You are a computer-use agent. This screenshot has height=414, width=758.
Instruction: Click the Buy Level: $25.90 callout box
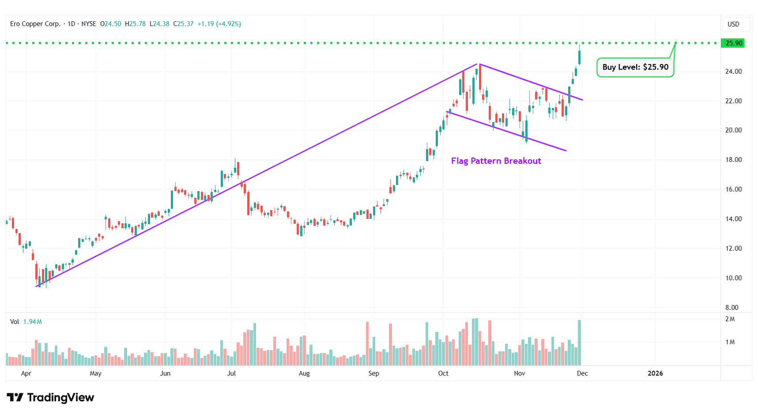click(635, 67)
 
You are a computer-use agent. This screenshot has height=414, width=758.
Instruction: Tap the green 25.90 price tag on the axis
click(734, 43)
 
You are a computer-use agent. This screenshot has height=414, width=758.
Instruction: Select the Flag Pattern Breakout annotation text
click(496, 161)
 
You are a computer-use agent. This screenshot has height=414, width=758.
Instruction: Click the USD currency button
click(733, 24)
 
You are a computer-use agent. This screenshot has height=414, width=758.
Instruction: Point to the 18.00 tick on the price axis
click(733, 160)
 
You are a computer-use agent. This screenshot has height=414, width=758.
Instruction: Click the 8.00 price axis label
click(732, 307)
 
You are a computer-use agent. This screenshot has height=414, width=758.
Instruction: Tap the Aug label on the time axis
click(304, 373)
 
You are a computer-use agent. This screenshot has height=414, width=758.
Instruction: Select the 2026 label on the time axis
click(655, 373)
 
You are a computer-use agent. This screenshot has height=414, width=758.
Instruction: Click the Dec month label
click(582, 373)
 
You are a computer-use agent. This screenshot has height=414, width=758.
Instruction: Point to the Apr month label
click(26, 373)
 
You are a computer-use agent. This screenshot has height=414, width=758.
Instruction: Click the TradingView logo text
click(51, 398)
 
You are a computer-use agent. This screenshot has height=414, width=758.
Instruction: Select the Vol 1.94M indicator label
click(26, 322)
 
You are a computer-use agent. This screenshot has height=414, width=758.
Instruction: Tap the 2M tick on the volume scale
click(730, 319)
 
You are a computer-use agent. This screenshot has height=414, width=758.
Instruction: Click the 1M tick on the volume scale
click(730, 342)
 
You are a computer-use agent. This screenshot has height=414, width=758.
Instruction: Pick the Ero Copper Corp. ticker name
click(35, 24)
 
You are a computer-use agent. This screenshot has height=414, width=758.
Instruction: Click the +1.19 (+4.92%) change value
click(219, 24)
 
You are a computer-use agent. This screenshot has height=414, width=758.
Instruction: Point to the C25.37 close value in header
click(183, 24)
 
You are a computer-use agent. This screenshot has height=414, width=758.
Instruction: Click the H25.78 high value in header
click(135, 24)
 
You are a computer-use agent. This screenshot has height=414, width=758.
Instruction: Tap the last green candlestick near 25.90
click(579, 57)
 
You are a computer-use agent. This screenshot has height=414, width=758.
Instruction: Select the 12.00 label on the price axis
click(733, 248)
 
